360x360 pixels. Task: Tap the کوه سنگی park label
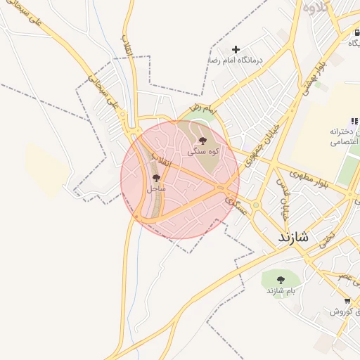click(x=202, y=151)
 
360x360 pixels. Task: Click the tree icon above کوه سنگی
click(x=202, y=141)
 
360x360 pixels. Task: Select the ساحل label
click(x=156, y=188)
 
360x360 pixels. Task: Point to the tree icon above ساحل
click(x=156, y=179)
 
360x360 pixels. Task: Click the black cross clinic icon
click(x=236, y=49)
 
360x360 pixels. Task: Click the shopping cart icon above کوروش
click(x=328, y=300)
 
